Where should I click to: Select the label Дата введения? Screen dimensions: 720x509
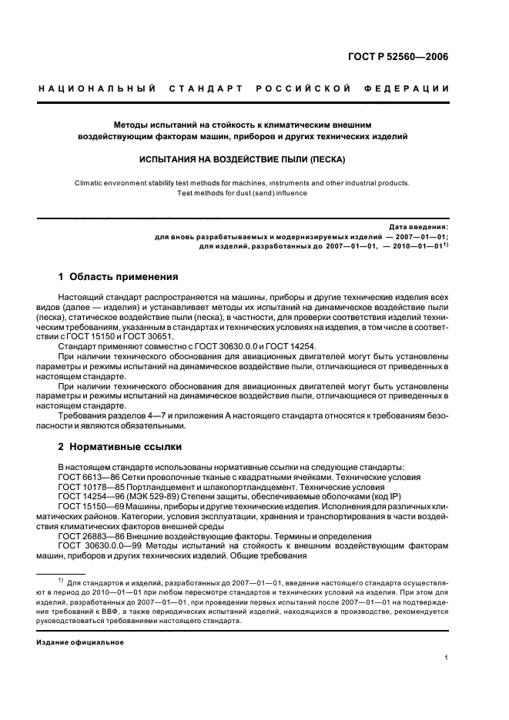[x=418, y=228]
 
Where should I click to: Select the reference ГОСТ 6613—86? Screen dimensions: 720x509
[x=88, y=477]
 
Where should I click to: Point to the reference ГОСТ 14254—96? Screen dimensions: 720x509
[x=90, y=497]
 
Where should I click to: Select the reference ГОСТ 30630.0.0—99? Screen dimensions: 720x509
[x=96, y=546]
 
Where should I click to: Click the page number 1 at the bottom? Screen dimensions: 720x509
[x=446, y=658]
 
